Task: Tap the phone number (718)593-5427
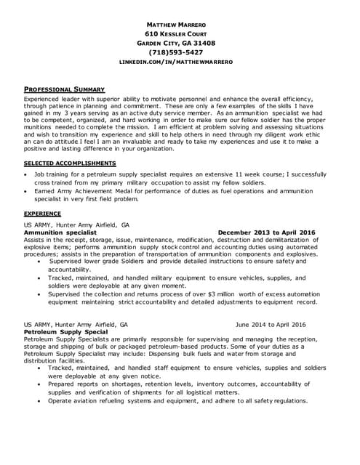coord(180,52)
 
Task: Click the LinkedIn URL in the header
coord(180,62)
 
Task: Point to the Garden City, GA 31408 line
coord(180,43)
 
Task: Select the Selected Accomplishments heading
coord(70,163)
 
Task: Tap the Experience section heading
coord(42,214)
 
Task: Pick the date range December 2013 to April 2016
coord(267,232)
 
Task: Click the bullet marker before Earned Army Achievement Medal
coord(28,191)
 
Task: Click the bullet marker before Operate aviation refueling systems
coord(40,400)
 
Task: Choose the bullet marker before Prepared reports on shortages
coord(40,385)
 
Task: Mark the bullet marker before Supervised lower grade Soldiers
coord(40,262)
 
